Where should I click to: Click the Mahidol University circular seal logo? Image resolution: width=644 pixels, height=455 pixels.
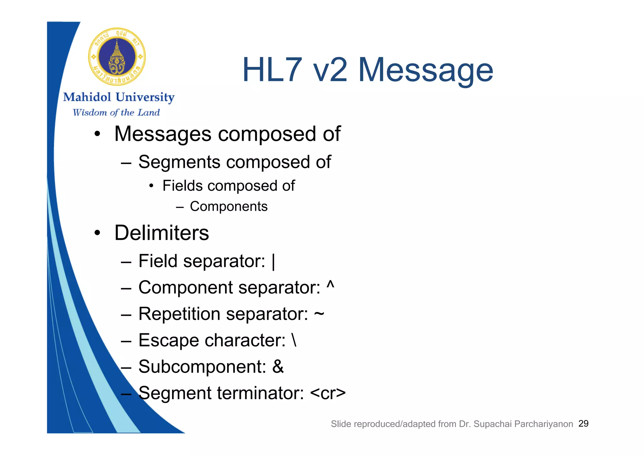(x=117, y=57)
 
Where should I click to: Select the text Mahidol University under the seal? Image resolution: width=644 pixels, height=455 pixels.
(x=119, y=97)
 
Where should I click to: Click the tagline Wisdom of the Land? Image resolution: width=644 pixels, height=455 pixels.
(x=116, y=112)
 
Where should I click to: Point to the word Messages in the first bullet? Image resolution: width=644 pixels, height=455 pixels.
(x=163, y=134)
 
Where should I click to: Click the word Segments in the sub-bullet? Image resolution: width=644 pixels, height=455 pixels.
(x=179, y=162)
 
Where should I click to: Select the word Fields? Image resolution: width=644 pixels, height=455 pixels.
(x=182, y=186)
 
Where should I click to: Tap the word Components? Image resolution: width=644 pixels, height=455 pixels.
(x=229, y=206)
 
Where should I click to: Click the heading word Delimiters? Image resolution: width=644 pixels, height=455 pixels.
(x=162, y=233)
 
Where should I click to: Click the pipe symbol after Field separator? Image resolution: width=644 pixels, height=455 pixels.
(x=273, y=261)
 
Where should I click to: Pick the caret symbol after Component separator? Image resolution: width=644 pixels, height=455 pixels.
(x=330, y=285)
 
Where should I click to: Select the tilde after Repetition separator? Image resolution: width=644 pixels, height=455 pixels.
(x=319, y=314)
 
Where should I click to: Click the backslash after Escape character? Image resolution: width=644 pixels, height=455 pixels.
(x=294, y=340)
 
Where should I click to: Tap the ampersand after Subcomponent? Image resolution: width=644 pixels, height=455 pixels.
(x=278, y=367)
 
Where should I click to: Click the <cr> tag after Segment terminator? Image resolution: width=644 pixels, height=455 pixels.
(x=328, y=393)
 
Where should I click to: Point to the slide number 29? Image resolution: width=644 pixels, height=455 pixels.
(x=583, y=424)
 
